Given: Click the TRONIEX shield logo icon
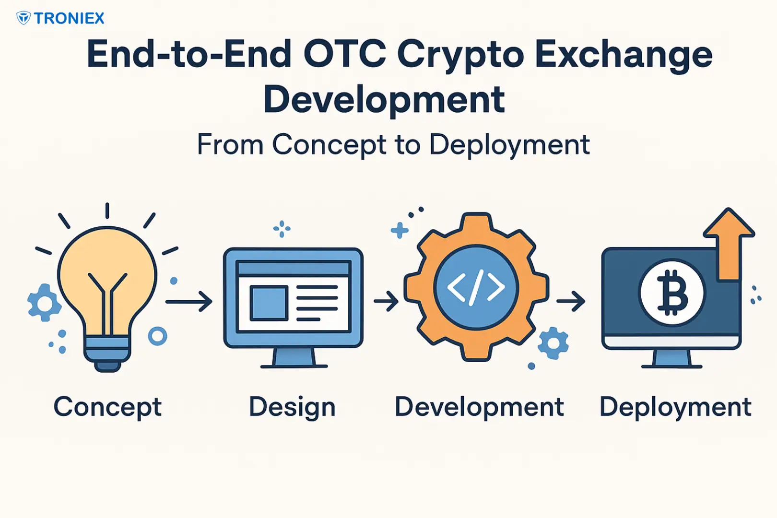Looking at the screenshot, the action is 24,18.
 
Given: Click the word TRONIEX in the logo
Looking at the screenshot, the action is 70,18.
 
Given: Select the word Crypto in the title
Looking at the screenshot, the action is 460,56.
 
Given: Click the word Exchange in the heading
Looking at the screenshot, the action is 624,56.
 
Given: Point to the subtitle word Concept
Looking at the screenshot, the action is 329,145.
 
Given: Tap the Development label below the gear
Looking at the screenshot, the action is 479,407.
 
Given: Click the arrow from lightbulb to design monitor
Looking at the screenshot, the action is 188,302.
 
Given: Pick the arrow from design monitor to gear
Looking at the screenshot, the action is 386,301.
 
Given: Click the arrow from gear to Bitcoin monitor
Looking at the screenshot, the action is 571,301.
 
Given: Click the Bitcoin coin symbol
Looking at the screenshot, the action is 672,293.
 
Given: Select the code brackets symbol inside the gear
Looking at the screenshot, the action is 476,288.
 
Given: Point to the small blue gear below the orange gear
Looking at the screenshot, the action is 553,343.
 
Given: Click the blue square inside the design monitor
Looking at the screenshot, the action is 269,303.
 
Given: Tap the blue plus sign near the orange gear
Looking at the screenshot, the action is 399,230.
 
